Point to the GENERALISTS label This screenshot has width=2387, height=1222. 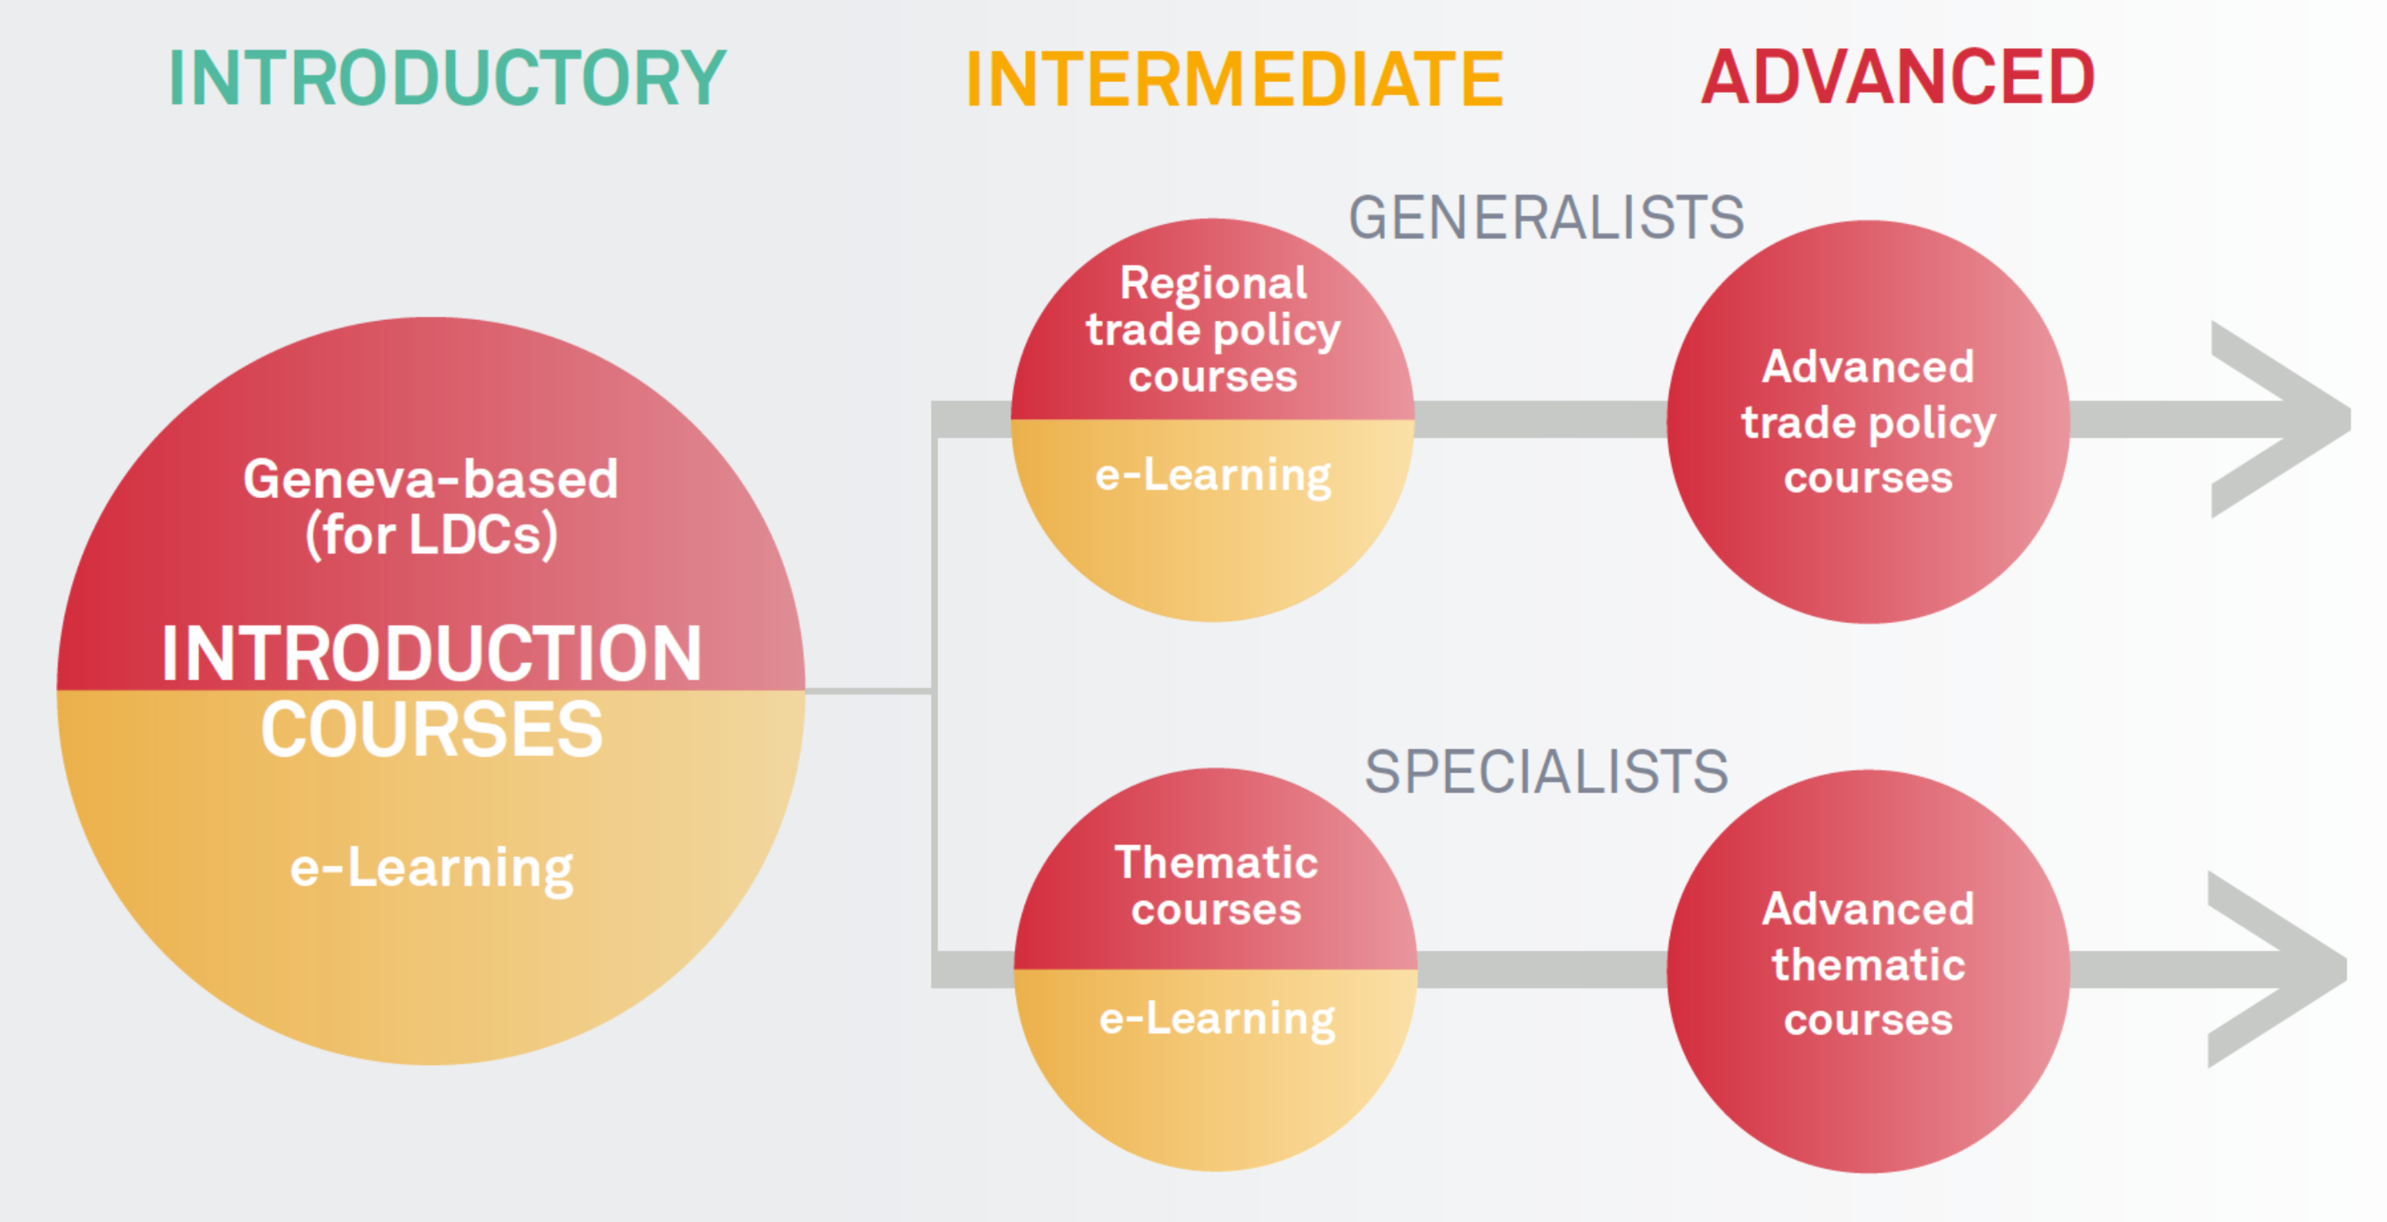coord(1546,218)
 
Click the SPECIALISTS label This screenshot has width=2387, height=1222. coord(1546,771)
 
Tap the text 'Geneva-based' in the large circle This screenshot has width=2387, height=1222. coord(431,479)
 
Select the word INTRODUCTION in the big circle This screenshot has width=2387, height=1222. coord(431,653)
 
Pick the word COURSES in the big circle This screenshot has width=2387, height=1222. coord(431,729)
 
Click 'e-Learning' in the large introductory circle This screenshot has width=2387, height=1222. coord(431,869)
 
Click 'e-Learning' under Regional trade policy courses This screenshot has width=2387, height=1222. coord(1213,476)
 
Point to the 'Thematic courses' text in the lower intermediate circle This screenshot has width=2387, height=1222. coord(1216,885)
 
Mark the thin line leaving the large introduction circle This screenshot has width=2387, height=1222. coord(867,690)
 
